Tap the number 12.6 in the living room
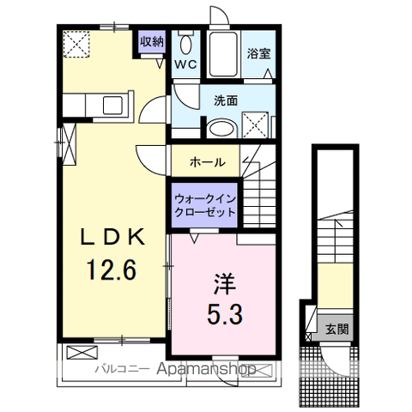tap(112, 270)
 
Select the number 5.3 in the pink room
tap(225, 313)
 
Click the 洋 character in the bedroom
tap(225, 284)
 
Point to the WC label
tap(185, 64)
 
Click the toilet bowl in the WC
tap(186, 45)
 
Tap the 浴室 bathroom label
tap(259, 54)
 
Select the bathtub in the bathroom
tap(223, 54)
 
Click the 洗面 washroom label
tap(226, 100)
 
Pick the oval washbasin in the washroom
tap(221, 129)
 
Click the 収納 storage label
tap(152, 42)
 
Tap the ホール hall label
tap(208, 162)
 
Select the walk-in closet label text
tap(205, 205)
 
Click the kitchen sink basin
tap(112, 106)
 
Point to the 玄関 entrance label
tap(336, 330)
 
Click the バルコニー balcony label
tap(122, 369)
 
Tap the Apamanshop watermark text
tap(206, 369)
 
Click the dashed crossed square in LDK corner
tap(76, 45)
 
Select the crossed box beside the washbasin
tap(256, 125)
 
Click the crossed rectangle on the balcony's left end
tap(82, 353)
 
